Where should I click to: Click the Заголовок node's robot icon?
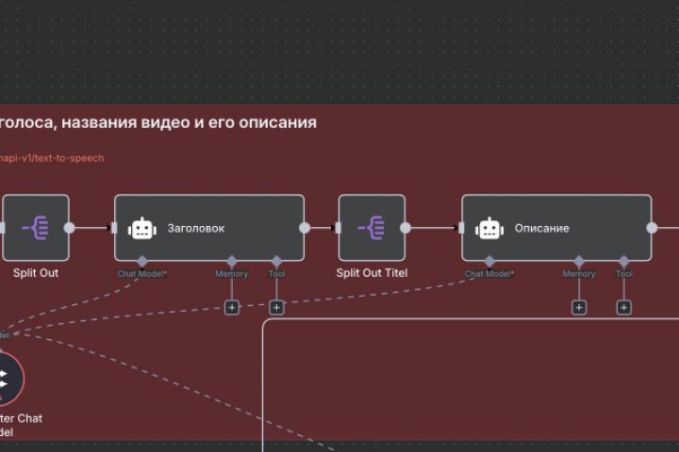coord(142,228)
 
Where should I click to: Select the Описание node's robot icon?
coord(489,228)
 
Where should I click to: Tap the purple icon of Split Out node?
coord(36,228)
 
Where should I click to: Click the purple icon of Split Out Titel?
coord(372,228)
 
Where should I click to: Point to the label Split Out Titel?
coord(372,273)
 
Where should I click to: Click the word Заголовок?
coord(196,228)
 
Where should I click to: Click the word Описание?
coord(541,228)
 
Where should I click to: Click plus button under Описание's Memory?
coord(579,307)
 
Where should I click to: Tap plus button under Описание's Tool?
coord(624,307)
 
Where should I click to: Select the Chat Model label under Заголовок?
coord(141,274)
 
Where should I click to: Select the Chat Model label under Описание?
coord(489,274)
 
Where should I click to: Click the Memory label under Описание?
coord(579,274)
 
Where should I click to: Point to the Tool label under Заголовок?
coord(276,274)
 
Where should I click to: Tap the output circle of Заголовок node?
coord(305,228)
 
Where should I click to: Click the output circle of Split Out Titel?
coord(406,228)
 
